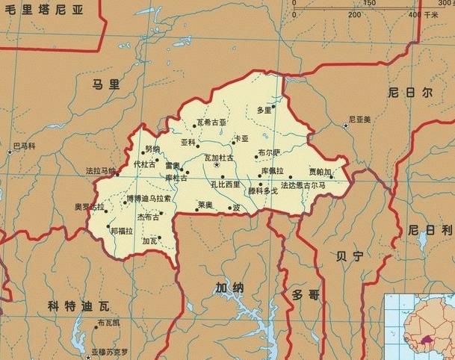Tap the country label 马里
click(105, 84)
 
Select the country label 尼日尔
click(410, 93)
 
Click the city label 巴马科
click(25, 146)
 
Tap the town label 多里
click(264, 111)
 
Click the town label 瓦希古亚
click(211, 122)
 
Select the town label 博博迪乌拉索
click(149, 199)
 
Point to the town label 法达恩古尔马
click(303, 184)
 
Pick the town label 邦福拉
click(123, 232)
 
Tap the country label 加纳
click(229, 288)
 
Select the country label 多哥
click(306, 295)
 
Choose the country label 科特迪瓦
click(78, 306)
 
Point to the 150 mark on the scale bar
click(368, 4)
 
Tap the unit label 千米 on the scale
click(431, 14)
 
